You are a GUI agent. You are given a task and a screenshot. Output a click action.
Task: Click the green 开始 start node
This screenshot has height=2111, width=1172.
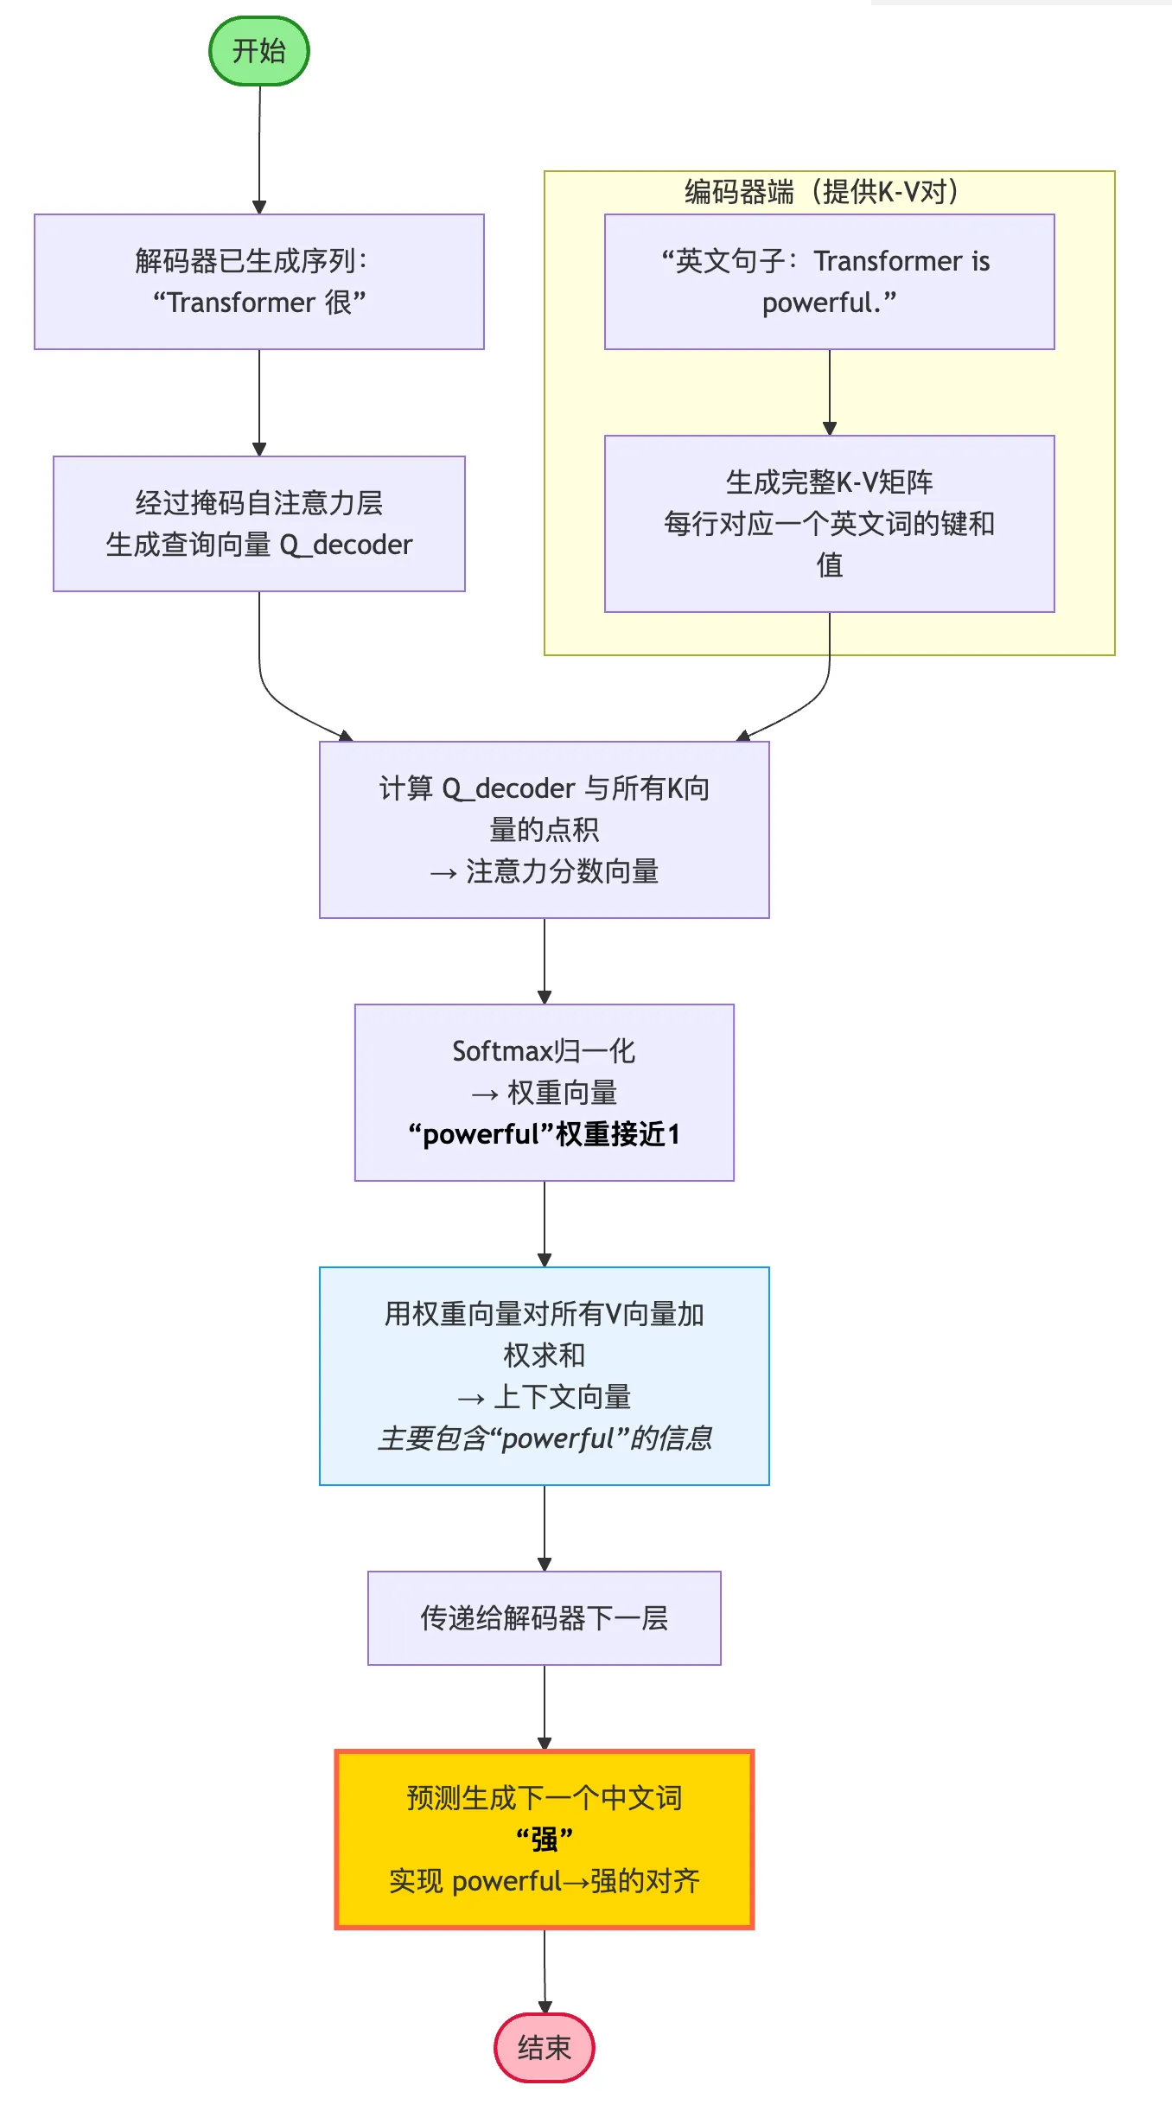(x=258, y=51)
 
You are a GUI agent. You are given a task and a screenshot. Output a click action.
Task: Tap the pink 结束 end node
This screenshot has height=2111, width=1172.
(x=544, y=2047)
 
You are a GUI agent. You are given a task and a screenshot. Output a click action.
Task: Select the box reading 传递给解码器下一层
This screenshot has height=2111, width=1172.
(x=544, y=1617)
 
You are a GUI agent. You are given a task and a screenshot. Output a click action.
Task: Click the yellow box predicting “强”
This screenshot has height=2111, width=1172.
(x=544, y=1839)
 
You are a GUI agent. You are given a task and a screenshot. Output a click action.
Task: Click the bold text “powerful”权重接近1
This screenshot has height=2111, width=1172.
(x=544, y=1134)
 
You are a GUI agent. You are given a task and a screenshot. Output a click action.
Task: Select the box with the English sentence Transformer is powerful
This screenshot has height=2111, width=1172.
(x=828, y=282)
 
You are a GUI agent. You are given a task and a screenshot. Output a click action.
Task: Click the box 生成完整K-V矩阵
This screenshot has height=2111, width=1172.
(x=828, y=523)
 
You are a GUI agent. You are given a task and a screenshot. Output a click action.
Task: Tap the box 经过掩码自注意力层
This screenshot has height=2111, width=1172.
(x=258, y=523)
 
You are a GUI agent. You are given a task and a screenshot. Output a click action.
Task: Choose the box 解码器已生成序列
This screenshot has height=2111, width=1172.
(x=258, y=282)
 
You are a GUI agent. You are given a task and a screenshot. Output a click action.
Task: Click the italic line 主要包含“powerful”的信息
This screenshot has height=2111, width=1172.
(x=544, y=1438)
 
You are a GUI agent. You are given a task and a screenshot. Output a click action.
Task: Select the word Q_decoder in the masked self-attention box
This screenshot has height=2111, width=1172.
(x=346, y=545)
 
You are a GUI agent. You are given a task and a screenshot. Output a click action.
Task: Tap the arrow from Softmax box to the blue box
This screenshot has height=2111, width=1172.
(x=545, y=1223)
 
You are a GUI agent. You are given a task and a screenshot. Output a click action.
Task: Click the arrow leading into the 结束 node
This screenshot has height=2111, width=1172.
(x=545, y=1971)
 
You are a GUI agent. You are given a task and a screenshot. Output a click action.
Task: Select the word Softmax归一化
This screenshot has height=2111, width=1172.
(x=544, y=1051)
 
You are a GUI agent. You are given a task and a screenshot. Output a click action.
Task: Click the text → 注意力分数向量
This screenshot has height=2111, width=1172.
(x=544, y=871)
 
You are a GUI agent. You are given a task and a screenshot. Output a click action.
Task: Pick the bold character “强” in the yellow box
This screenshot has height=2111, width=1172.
(x=545, y=1840)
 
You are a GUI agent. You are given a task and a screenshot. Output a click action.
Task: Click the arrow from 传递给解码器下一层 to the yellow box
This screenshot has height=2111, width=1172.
(x=545, y=1707)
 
